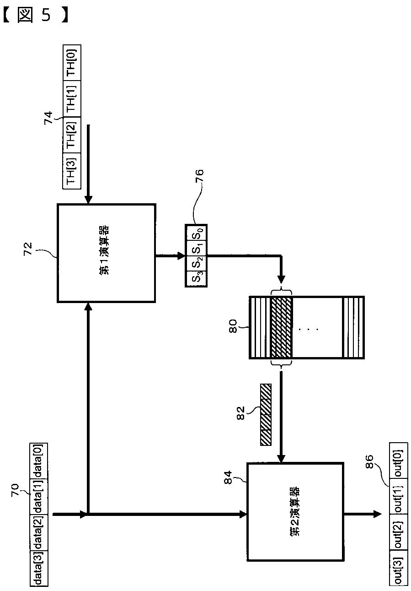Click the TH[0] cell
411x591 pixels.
coord(71,63)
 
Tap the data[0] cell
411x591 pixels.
coord(38,461)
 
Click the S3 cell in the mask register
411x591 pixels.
coord(196,278)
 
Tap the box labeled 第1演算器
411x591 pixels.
coord(106,253)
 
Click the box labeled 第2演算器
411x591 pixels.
coord(295,511)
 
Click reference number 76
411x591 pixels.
coord(200,176)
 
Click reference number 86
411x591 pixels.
coord(369,460)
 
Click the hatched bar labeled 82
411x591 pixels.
coord(266,414)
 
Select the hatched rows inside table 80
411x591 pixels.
coord(281,327)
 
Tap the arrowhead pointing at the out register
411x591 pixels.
coord(377,514)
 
